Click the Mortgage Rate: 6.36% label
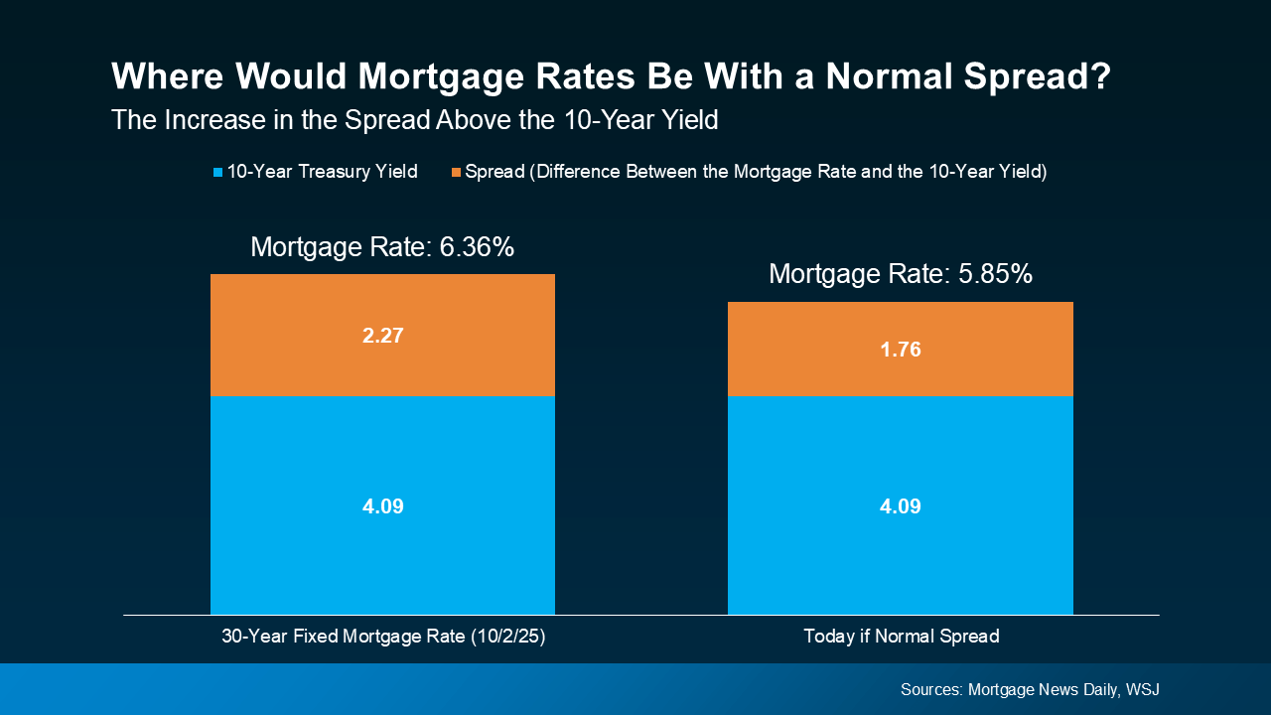[x=382, y=247]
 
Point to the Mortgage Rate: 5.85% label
[x=900, y=274]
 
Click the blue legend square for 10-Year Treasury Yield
[x=218, y=173]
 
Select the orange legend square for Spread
[x=456, y=173]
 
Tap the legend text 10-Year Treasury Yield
[x=322, y=172]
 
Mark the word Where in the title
[x=160, y=77]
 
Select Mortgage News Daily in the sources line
[x=1041, y=689]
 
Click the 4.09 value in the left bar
[x=382, y=506]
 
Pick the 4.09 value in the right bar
[x=900, y=506]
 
